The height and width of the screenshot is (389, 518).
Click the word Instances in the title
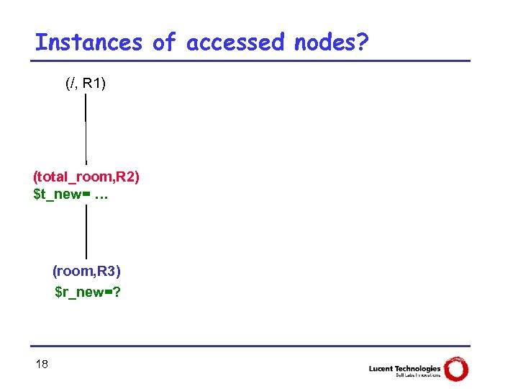click(x=88, y=43)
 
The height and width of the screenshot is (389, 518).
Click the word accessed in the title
click(x=235, y=43)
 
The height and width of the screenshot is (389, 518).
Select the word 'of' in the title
click(x=163, y=43)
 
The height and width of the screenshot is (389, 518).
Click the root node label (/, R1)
click(x=86, y=84)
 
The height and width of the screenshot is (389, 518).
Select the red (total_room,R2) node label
click(x=86, y=176)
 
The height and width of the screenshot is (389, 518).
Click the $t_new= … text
click(x=70, y=194)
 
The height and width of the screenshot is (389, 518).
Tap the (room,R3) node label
click(x=86, y=271)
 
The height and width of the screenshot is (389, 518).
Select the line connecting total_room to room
click(x=86, y=231)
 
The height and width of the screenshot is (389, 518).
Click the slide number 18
click(x=42, y=365)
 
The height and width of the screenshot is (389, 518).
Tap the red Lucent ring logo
click(x=456, y=370)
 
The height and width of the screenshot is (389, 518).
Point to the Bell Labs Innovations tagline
click(x=417, y=375)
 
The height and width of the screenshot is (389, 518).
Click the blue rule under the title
click(x=252, y=61)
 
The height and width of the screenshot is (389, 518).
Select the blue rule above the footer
click(x=252, y=346)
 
